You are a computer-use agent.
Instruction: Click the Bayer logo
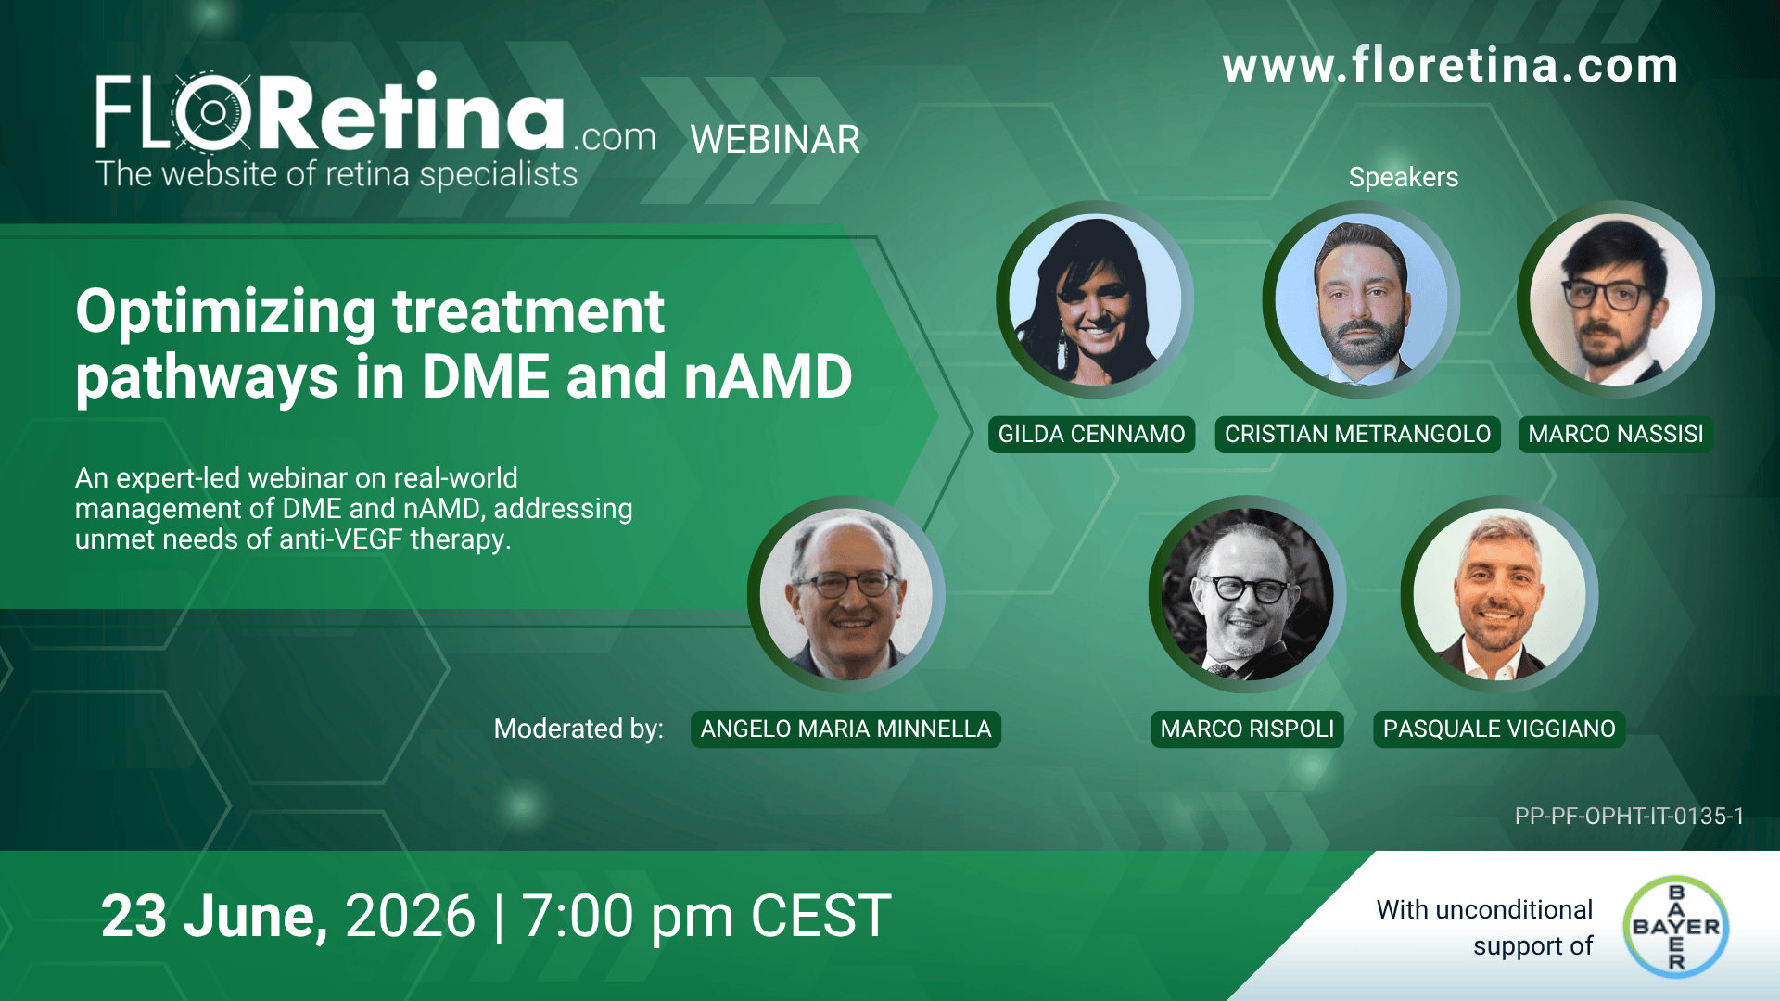(x=1676, y=926)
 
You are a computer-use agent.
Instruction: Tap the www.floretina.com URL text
(x=1450, y=66)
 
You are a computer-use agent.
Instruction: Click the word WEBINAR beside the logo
(x=775, y=140)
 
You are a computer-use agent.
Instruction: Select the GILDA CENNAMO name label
(x=1091, y=434)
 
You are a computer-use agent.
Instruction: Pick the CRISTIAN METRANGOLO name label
(x=1357, y=434)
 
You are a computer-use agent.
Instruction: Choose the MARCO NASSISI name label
(x=1615, y=434)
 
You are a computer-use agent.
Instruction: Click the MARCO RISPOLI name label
(x=1247, y=729)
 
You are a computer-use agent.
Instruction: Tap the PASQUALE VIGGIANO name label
(x=1499, y=729)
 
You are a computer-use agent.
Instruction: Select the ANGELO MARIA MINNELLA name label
(x=845, y=729)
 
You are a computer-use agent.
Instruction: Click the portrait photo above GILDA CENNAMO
(x=1094, y=299)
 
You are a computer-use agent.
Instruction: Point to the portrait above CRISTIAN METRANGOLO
(x=1360, y=299)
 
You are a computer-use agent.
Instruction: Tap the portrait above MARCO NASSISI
(x=1615, y=299)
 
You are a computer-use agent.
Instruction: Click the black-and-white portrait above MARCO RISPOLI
(x=1247, y=594)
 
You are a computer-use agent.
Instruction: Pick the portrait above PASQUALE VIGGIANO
(x=1499, y=594)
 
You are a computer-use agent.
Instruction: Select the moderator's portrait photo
(x=845, y=594)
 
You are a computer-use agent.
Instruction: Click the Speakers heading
(x=1403, y=177)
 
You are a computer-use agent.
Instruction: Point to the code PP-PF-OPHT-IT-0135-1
(x=1629, y=816)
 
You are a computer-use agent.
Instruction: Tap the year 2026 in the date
(x=410, y=916)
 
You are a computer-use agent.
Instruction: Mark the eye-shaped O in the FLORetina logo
(x=213, y=112)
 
